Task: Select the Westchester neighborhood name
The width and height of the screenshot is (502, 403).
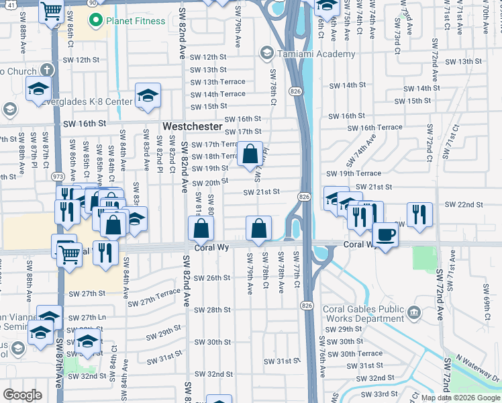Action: [x=193, y=126]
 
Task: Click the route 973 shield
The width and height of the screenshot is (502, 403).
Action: [x=58, y=177]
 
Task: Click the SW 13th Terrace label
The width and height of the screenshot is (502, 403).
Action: [x=218, y=82]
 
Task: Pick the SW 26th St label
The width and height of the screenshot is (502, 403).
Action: [x=211, y=277]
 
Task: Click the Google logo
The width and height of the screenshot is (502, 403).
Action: [x=22, y=395]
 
